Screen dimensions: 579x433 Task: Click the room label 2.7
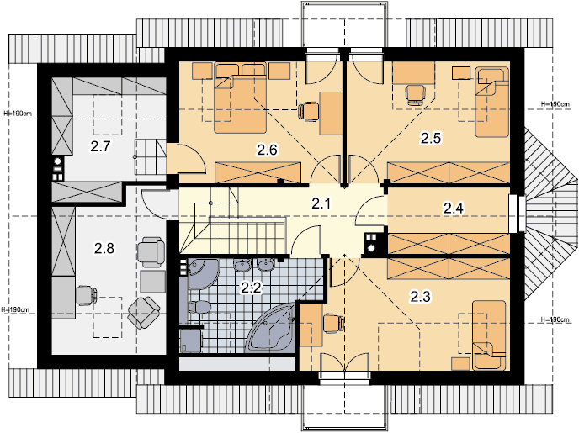[x=100, y=146]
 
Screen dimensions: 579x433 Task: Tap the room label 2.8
[x=104, y=248]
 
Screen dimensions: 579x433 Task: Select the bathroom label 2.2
[x=251, y=288]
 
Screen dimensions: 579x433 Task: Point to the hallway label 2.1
[x=321, y=203]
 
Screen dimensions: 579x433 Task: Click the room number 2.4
[x=454, y=209]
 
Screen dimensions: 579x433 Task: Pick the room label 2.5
[x=431, y=138]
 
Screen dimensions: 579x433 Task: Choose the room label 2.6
[x=267, y=150]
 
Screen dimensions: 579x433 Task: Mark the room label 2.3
[x=421, y=296]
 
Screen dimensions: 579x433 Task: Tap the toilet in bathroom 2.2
[x=199, y=307]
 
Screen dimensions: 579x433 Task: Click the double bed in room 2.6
[x=241, y=98]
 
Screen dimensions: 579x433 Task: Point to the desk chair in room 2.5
[x=415, y=94]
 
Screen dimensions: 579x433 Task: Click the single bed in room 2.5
[x=491, y=102]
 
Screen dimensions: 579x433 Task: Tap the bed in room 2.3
[x=489, y=335]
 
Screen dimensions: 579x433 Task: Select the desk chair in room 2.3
[x=333, y=323]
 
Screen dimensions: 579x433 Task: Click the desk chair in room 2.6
[x=308, y=111]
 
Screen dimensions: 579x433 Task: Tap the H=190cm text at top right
[x=555, y=104]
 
